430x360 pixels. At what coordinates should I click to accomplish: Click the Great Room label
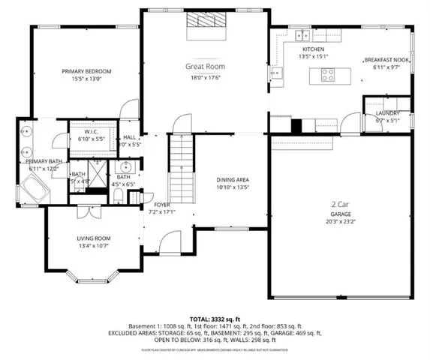pos(205,67)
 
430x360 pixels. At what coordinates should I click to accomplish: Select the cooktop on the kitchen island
pos(329,73)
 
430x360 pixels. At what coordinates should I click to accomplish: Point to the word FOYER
pos(163,204)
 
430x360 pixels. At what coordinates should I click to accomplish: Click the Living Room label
pos(94,238)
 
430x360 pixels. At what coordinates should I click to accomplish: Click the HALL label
pos(130,137)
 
